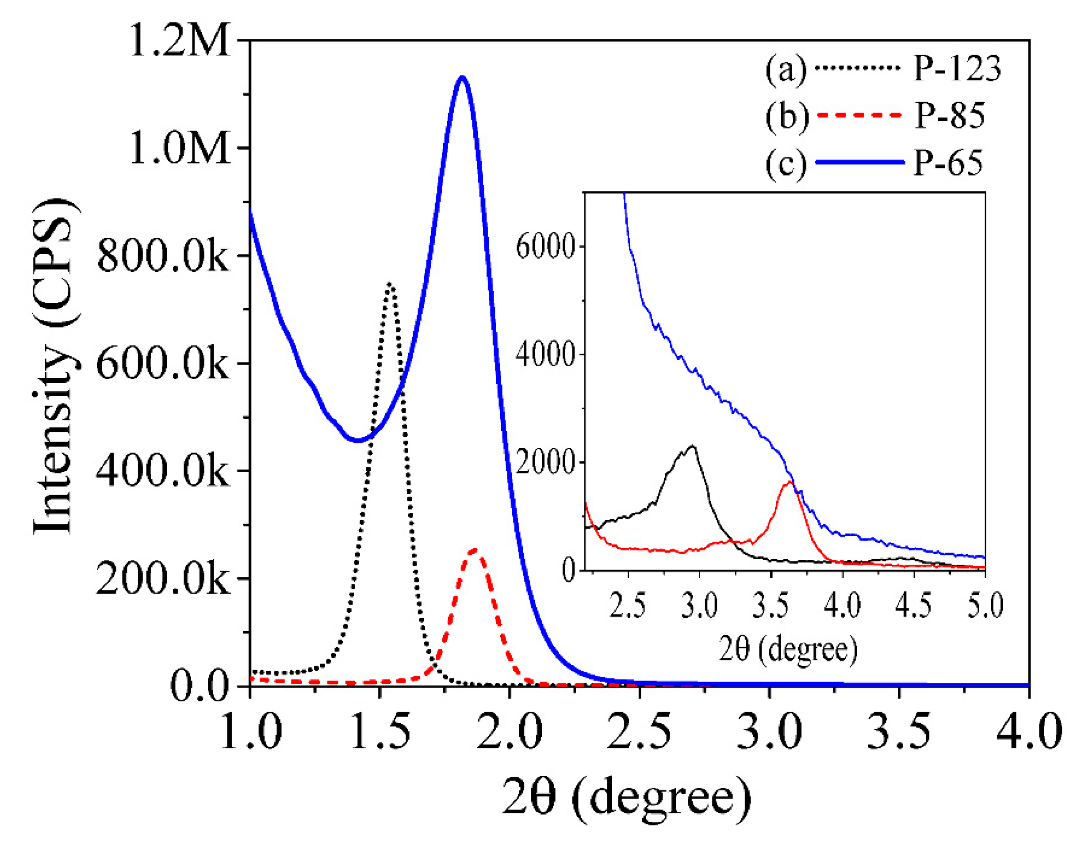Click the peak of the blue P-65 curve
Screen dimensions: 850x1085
point(463,77)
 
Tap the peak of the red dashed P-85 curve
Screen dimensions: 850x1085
point(474,550)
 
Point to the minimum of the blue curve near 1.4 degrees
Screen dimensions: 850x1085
point(357,440)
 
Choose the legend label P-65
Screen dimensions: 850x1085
point(948,163)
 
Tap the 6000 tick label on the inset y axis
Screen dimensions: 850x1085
point(545,246)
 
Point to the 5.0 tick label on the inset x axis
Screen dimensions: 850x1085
point(985,606)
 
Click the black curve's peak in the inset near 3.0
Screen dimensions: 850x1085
point(692,446)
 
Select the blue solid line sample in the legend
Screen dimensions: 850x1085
point(859,162)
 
